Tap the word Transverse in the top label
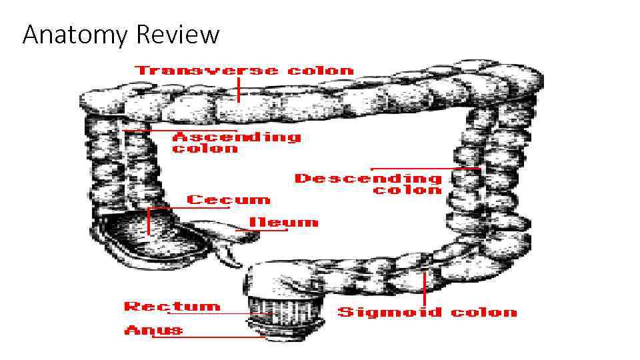coord(207,70)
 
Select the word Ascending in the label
coord(237,137)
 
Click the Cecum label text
coord(229,199)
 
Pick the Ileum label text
coord(283,222)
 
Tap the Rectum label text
coord(171,306)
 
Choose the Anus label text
coord(153,330)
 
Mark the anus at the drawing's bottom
coord(283,330)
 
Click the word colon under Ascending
coord(205,149)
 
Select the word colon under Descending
coord(407,190)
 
